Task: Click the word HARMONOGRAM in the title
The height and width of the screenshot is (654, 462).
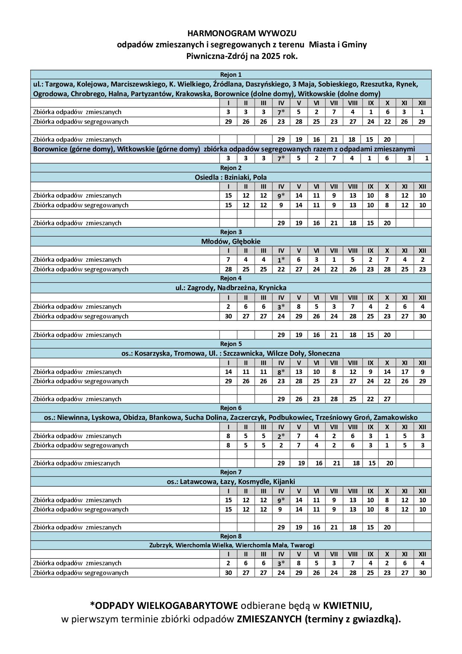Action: tap(215, 33)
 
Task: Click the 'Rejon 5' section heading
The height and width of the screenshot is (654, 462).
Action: tap(231, 344)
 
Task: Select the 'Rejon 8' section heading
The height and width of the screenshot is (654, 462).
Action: tap(231, 536)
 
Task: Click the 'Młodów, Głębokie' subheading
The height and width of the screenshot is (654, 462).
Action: tap(231, 241)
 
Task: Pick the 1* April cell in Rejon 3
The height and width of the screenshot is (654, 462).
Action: tap(281, 260)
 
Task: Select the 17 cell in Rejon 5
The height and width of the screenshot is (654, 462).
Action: tap(405, 372)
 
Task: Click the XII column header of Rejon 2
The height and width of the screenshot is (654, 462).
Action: tap(422, 186)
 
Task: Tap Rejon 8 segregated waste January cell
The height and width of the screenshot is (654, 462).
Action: tap(228, 573)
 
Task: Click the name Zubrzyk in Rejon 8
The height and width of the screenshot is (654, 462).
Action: tap(161, 545)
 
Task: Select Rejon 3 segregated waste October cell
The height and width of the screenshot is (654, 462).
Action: tap(387, 269)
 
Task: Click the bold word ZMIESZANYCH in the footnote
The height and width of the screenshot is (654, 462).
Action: tap(269, 619)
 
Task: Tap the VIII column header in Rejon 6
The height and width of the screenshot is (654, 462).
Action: tap(352, 427)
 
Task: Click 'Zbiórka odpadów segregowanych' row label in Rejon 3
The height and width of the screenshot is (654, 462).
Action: tap(80, 269)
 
